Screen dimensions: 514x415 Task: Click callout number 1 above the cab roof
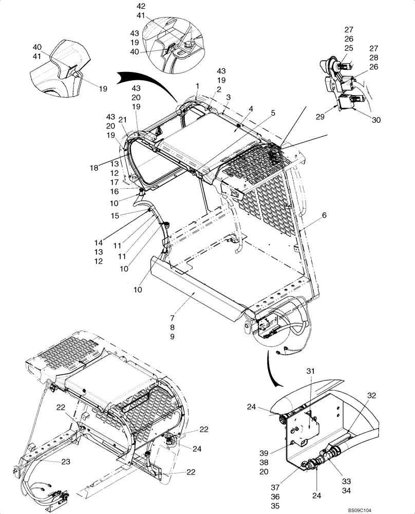click(x=196, y=85)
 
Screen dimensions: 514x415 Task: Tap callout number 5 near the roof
click(x=273, y=113)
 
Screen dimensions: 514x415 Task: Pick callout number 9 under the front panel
click(x=173, y=337)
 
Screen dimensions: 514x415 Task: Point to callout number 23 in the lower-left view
click(x=66, y=462)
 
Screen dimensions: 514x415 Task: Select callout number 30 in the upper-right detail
click(x=376, y=120)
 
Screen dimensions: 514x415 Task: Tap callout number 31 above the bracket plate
click(x=310, y=371)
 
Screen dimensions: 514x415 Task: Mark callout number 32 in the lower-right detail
click(x=372, y=395)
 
